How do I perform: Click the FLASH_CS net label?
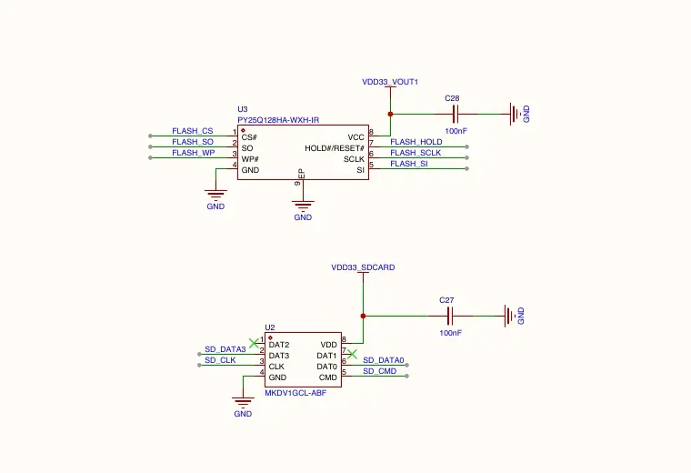coord(192,131)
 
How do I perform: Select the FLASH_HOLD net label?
coord(416,142)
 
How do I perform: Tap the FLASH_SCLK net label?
coord(416,153)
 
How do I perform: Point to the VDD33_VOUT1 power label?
coord(390,82)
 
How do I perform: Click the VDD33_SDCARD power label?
coord(363,267)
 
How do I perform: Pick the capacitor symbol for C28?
coord(456,115)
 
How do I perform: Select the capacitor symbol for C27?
coord(450,316)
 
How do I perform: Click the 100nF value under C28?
coord(456,131)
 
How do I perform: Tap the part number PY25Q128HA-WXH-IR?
coord(278,120)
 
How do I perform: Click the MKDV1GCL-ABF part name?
coord(295,393)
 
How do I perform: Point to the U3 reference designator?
coord(243,109)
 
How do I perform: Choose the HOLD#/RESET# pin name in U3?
coord(335,148)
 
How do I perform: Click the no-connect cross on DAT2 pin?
coord(254,343)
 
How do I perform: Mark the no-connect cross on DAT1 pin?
coord(352,354)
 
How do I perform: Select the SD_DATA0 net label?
coord(383,360)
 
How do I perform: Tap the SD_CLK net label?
coord(220,360)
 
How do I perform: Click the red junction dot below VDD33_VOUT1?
coord(390,115)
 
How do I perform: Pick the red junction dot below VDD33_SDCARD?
coord(363,316)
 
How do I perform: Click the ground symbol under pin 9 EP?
coord(303,206)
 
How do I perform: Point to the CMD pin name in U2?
coord(328,377)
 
